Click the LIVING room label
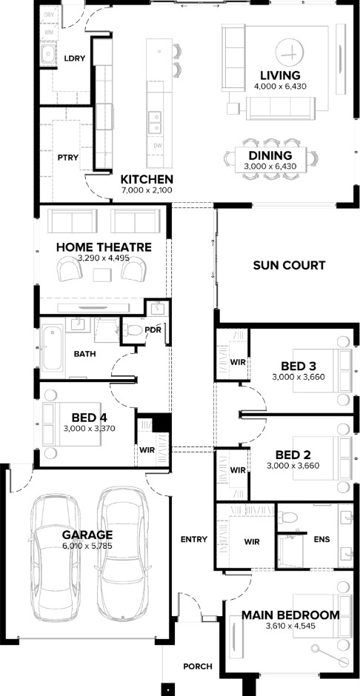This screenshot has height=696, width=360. tap(280, 75)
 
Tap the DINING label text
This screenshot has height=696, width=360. tap(270, 155)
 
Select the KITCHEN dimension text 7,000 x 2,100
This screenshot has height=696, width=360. tap(147, 190)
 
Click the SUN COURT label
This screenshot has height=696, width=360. tap(289, 265)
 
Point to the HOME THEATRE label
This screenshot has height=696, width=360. tap(104, 247)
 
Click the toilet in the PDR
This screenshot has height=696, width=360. tap(133, 329)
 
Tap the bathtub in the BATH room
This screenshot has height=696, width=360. tap(53, 348)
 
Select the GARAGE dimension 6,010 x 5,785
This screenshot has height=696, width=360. tap(87, 546)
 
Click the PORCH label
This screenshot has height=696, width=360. tap(198, 666)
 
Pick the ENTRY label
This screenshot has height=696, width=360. tap(194, 539)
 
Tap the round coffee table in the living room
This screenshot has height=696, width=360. tap(291, 53)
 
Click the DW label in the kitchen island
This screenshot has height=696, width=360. tap(158, 146)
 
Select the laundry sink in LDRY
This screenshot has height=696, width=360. tap(47, 55)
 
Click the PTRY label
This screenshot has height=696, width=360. tap(68, 157)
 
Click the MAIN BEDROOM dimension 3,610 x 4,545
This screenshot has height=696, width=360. tap(291, 626)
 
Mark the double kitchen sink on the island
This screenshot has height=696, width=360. tap(154, 122)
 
